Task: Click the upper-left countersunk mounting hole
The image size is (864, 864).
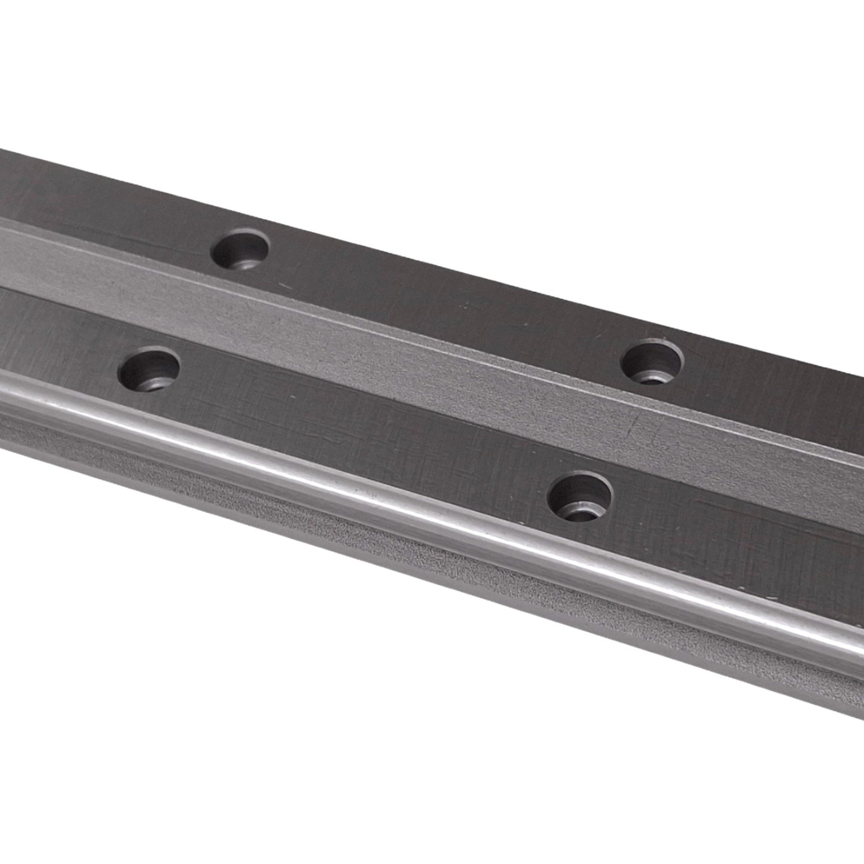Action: coord(240,250)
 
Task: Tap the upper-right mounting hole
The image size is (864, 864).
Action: coord(652,362)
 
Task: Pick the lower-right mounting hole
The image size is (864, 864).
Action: coord(580,496)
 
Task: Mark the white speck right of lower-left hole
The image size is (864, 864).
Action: coord(291,396)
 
